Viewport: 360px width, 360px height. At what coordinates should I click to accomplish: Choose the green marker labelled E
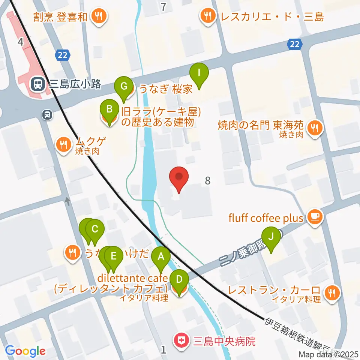click(x=114, y=258)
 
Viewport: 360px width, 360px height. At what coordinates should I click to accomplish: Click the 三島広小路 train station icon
click(x=37, y=84)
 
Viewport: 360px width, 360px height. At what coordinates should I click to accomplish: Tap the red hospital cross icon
click(x=181, y=342)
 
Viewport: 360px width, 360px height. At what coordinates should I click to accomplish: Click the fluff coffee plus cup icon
click(x=315, y=216)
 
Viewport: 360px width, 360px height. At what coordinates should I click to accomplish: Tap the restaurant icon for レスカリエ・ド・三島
click(x=207, y=16)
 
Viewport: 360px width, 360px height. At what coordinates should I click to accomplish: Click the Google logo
click(x=25, y=351)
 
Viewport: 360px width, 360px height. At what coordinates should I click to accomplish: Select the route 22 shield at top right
click(x=294, y=44)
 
